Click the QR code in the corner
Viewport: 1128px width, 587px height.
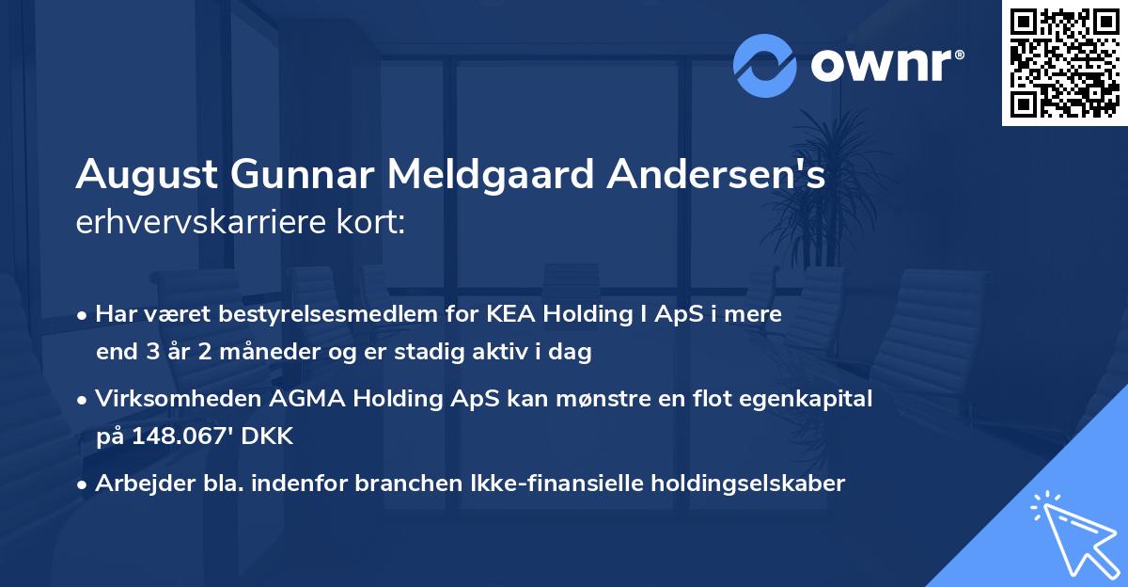(x=1065, y=63)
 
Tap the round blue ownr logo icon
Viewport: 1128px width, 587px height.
(x=765, y=65)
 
